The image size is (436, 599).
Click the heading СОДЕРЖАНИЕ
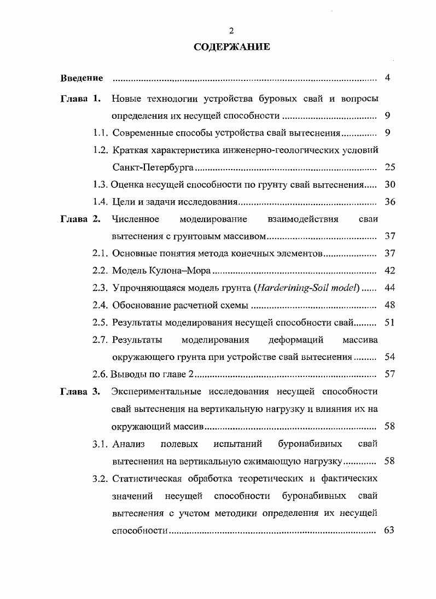[231, 47]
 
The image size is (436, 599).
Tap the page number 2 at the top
[231, 31]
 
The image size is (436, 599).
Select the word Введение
[82, 78]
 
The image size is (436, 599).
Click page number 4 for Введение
[387, 78]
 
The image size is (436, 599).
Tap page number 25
[390, 167]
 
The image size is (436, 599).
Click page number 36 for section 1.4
[390, 202]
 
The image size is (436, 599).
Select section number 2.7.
[101, 340]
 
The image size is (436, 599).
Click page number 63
[390, 530]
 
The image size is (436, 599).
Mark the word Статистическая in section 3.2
[144, 479]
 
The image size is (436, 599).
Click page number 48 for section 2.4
[390, 305]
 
